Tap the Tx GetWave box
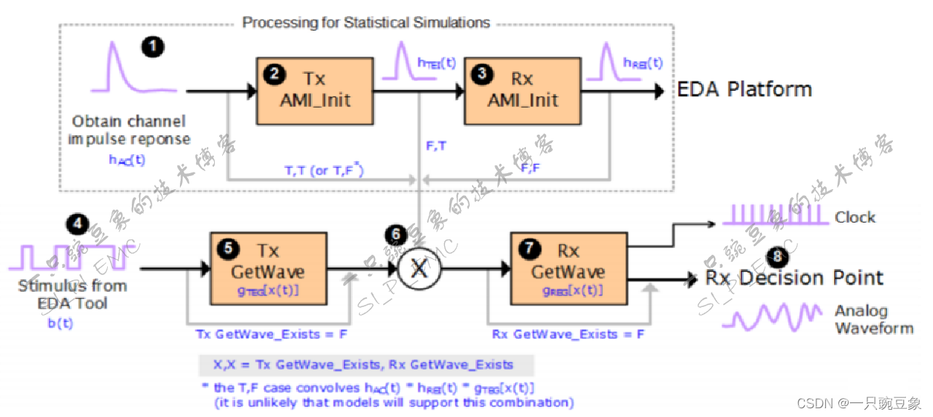coord(267,269)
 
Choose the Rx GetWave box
coord(567,269)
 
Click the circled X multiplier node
coord(419,269)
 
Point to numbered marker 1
coord(152,47)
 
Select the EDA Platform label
coord(744,90)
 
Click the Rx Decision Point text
coord(794,278)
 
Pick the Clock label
coord(855,217)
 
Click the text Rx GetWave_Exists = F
coord(568,335)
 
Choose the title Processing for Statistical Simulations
coord(366,23)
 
